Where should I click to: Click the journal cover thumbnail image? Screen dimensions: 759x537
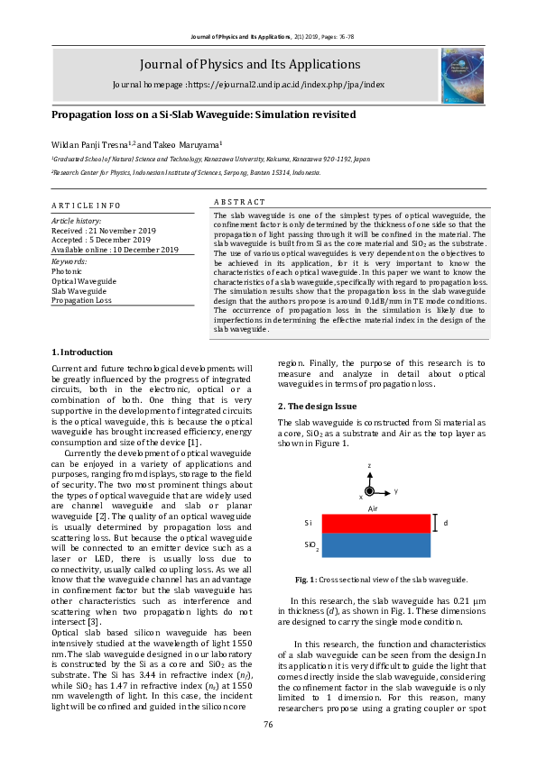pos(462,70)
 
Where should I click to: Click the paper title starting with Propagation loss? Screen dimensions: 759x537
pos(203,115)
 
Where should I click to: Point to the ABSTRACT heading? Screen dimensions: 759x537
pos(239,202)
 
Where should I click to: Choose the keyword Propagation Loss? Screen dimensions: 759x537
pos(81,300)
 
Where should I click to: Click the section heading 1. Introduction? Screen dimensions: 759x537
pos(82,352)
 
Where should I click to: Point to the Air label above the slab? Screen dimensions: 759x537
pos(372,508)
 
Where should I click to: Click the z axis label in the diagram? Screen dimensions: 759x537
pos(369,465)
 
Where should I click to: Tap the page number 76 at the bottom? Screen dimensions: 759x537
pos(268,725)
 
